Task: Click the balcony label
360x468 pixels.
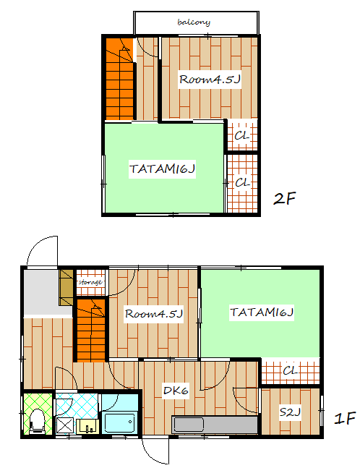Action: coord(194,22)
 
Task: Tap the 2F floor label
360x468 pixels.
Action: coord(284,198)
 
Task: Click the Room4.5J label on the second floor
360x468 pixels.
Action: coord(210,80)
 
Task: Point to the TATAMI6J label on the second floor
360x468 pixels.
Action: coord(162,169)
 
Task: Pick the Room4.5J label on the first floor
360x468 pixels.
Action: coord(153,313)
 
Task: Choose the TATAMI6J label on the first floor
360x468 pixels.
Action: coord(262,312)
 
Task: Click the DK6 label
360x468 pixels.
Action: coord(176,391)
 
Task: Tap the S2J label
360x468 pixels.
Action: coord(290,412)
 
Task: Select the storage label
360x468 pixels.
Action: coord(90,282)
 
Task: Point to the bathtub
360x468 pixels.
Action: coord(119,422)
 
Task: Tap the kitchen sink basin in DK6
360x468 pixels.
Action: coord(189,425)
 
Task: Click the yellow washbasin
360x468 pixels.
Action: coord(88,426)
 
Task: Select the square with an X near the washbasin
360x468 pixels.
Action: coord(65,425)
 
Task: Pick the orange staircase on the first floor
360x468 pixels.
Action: coord(91,331)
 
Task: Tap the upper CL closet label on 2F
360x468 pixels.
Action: coord(242,136)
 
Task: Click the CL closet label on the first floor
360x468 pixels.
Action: coord(290,370)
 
